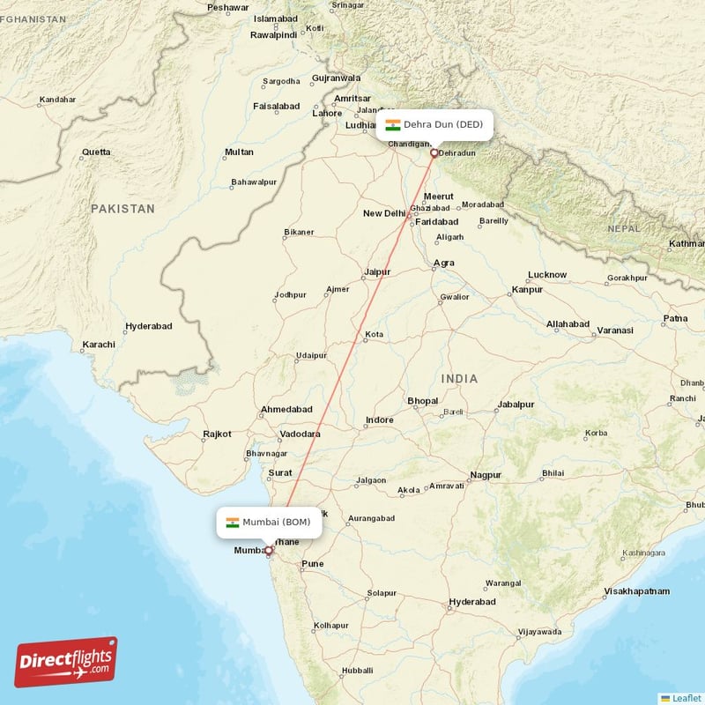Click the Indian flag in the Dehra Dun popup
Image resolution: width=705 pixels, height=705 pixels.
point(393,124)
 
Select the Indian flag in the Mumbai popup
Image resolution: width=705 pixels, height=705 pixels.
point(233,523)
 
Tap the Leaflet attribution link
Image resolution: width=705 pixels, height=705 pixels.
point(686,698)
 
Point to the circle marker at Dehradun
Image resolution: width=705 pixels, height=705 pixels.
point(434,153)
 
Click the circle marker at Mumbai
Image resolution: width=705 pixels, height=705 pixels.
point(269,551)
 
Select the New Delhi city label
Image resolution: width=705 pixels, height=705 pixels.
point(384,213)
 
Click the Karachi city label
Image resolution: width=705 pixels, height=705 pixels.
point(98,344)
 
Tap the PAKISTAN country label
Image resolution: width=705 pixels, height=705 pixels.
point(122,209)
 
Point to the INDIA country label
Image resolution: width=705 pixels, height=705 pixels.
point(460,379)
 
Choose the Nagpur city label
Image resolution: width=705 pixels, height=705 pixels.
point(485,475)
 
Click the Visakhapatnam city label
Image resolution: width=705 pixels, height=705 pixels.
point(636,591)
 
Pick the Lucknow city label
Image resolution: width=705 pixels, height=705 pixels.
point(547,274)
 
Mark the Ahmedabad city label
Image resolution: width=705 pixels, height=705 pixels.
point(286,410)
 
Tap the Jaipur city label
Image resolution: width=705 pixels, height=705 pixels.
point(377,272)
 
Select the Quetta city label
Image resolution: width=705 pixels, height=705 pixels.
point(96,152)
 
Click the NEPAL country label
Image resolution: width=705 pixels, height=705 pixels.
point(624,228)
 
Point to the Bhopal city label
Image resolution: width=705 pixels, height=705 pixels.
point(422,401)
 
